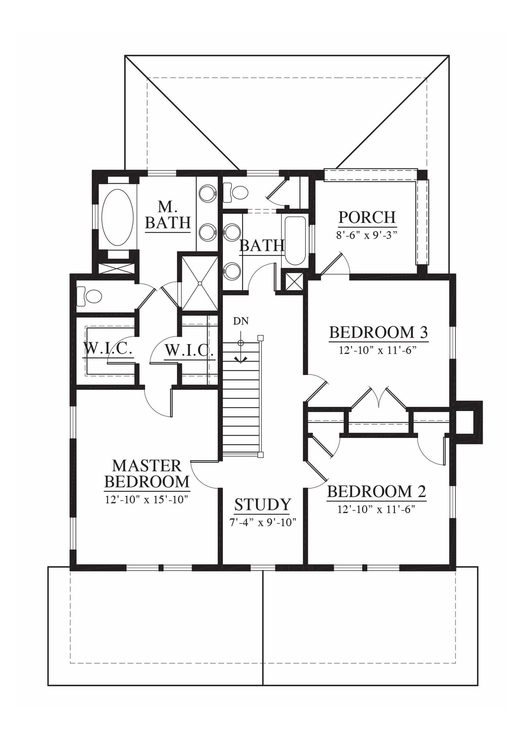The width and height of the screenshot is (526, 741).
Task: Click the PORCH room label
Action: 367,217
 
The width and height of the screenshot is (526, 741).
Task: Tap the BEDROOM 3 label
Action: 378,332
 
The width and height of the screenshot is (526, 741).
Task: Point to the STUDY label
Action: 262,505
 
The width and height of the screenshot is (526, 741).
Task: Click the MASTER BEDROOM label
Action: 147,473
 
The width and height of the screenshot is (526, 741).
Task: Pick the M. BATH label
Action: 168,214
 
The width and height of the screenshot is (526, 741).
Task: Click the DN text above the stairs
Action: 241,321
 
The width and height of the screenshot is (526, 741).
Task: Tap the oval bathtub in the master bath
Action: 115,217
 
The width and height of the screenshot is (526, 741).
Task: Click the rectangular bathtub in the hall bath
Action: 295,241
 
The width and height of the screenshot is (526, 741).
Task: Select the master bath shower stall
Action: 199,283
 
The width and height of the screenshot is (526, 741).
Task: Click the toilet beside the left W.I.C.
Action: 89,296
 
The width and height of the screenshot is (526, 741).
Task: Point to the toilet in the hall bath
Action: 235,193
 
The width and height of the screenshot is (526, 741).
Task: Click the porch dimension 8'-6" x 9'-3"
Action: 366,234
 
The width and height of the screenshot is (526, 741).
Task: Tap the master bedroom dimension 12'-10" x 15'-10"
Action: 146,499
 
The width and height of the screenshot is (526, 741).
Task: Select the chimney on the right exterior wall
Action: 468,422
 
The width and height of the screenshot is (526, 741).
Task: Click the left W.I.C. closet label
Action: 108,349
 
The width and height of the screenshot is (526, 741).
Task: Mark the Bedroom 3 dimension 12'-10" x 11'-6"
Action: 377,350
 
